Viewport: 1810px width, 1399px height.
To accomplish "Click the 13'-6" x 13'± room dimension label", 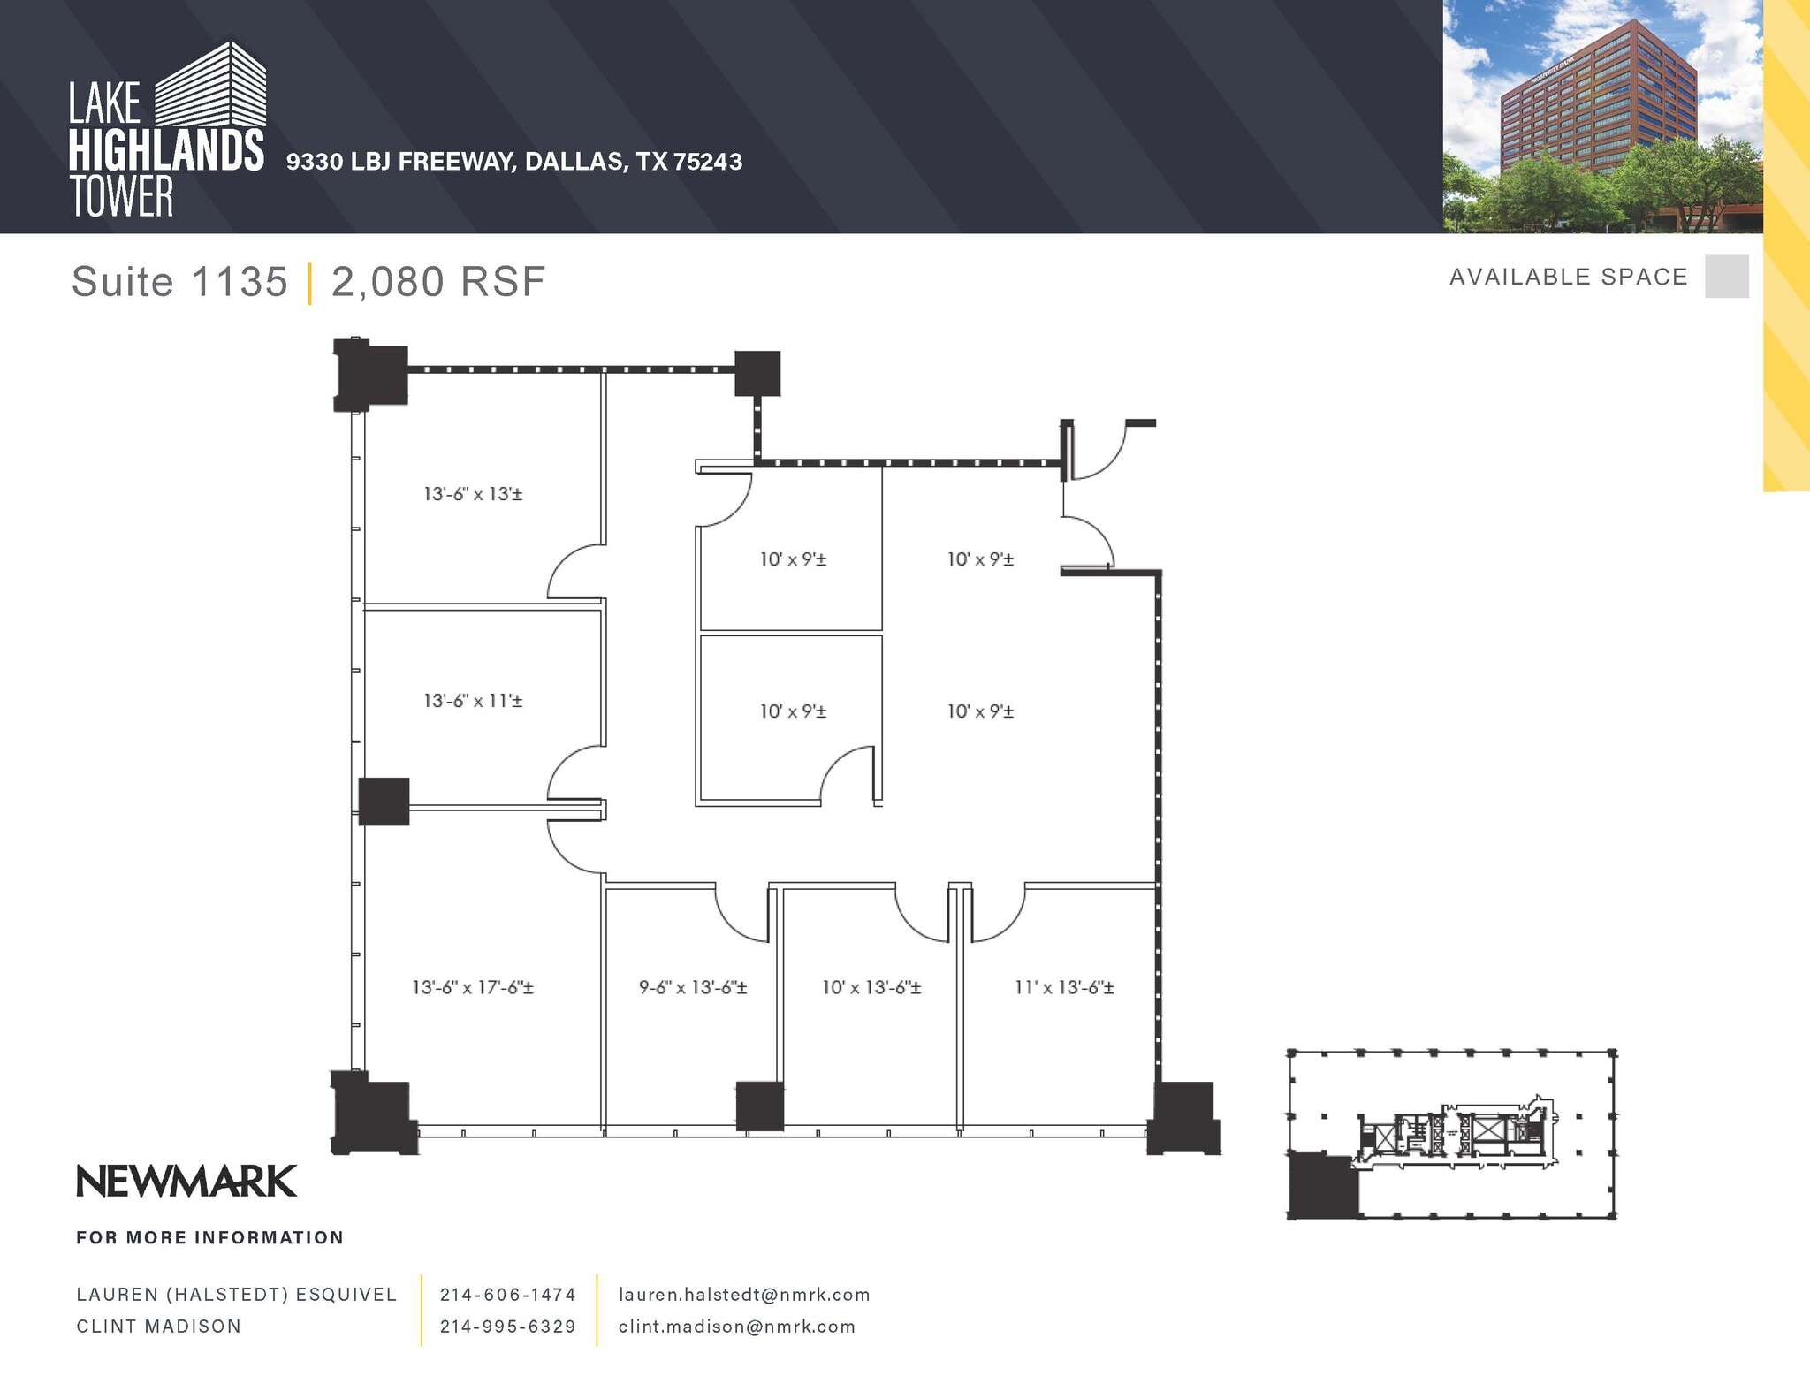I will (x=473, y=494).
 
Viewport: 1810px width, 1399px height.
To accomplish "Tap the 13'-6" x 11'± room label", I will (x=473, y=701).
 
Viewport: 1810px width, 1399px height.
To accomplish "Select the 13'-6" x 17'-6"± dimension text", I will (x=473, y=987).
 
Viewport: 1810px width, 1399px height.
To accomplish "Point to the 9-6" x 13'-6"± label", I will (x=693, y=987).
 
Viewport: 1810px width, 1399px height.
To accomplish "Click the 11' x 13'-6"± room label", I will (x=1064, y=987).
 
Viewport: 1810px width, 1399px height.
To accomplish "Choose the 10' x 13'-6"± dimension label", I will (x=871, y=987).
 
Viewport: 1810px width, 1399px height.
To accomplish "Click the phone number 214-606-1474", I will (x=508, y=1295).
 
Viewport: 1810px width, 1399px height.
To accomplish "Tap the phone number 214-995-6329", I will (x=508, y=1327).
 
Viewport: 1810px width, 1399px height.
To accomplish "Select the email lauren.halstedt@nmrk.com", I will (x=744, y=1295).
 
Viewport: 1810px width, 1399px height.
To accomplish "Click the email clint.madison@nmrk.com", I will (x=737, y=1327).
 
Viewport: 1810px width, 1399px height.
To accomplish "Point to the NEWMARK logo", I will (x=186, y=1182).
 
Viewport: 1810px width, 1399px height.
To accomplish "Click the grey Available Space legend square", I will (x=1726, y=276).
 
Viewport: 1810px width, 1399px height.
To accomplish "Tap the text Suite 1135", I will (x=179, y=282).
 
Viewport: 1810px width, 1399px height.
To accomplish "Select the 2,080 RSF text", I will (x=438, y=282).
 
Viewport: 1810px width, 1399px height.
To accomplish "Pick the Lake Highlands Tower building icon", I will (x=211, y=84).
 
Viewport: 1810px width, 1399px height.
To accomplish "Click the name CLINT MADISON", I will (x=158, y=1327).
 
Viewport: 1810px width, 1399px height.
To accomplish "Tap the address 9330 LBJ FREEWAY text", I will (x=399, y=162).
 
